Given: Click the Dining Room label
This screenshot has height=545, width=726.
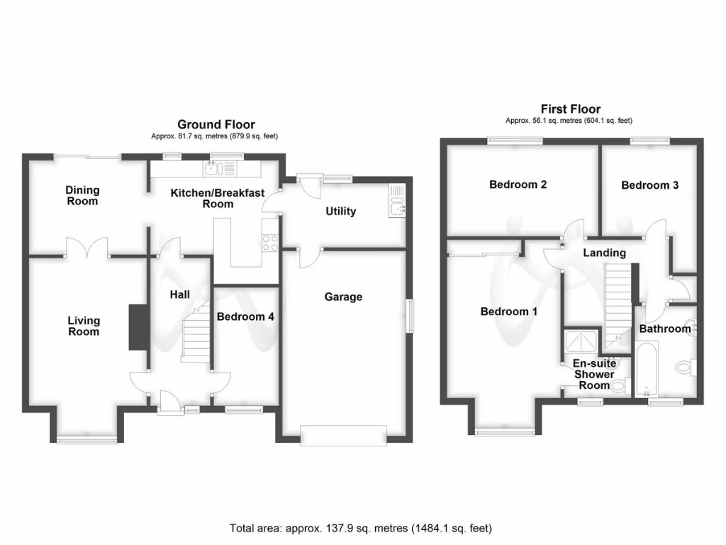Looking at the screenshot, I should click(x=83, y=195).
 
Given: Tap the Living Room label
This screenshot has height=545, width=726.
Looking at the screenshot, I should click(x=84, y=326).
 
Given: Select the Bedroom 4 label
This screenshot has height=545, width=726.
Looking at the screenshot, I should click(x=245, y=316).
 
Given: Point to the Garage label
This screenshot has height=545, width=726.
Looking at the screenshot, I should click(x=343, y=297).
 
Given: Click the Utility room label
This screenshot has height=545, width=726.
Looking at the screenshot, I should click(x=340, y=211).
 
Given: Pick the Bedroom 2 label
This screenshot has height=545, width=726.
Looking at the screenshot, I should click(x=518, y=185).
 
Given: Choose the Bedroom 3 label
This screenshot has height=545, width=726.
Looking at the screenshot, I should click(x=649, y=185).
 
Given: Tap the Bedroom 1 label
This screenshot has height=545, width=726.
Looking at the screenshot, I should click(x=508, y=312).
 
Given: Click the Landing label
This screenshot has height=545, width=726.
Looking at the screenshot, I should click(x=604, y=253).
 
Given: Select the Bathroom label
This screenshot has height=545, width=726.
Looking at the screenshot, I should click(x=665, y=329).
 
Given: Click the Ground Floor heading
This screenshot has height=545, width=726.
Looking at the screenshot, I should click(x=216, y=124).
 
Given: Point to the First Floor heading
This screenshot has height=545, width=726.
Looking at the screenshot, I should click(x=570, y=109).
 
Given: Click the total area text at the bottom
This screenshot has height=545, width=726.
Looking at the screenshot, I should click(x=360, y=528).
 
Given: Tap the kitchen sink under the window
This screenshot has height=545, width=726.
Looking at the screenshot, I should click(x=213, y=169).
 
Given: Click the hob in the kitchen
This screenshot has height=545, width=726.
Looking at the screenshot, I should click(x=270, y=243).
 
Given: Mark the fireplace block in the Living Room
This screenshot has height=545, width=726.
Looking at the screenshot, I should click(x=138, y=327).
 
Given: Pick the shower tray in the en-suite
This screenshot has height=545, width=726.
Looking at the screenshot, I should click(x=582, y=342).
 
